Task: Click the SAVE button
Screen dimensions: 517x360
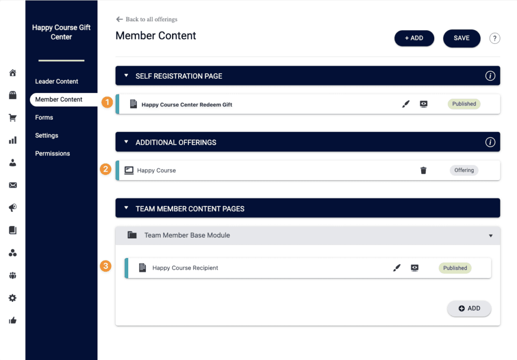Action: [x=461, y=38]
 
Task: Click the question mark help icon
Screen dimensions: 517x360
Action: [x=495, y=38]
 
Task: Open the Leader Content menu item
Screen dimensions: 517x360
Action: [x=57, y=81]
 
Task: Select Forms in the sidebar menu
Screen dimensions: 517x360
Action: [x=44, y=117]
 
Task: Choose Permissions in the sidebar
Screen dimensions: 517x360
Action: [x=53, y=153]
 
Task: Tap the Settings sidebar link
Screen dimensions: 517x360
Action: [x=46, y=135]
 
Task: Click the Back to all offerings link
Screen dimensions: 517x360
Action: [x=147, y=19]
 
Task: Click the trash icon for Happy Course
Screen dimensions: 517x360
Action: [x=424, y=171]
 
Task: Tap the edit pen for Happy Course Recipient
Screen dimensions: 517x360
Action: [x=397, y=268]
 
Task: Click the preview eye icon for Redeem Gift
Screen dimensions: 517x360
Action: [x=424, y=104]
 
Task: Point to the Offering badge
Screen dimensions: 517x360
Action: [x=464, y=170]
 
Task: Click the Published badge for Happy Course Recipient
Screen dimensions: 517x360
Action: [x=455, y=268]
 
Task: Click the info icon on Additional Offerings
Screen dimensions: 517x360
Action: [x=490, y=142]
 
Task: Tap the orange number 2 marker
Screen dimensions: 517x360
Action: [x=106, y=170]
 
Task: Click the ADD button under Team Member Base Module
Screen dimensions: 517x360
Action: [x=469, y=308]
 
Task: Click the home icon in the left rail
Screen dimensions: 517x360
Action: [x=13, y=73]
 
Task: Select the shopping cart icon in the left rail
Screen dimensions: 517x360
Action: [x=13, y=118]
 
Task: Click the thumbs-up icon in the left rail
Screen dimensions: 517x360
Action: [x=13, y=321]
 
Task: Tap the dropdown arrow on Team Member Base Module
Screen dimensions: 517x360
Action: [x=491, y=236]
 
